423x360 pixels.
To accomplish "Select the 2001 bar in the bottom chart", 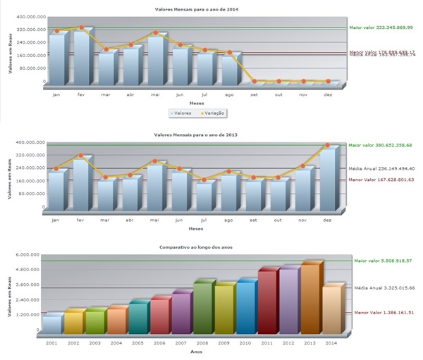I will tap(51, 325).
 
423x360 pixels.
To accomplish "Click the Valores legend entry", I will tap(180, 112).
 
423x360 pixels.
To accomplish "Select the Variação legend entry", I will tap(212, 112).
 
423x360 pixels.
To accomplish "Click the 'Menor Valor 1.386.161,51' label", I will tap(384, 312).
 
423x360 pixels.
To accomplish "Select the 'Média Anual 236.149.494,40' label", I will tap(385, 168).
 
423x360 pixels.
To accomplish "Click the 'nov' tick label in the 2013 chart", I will tap(302, 220).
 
